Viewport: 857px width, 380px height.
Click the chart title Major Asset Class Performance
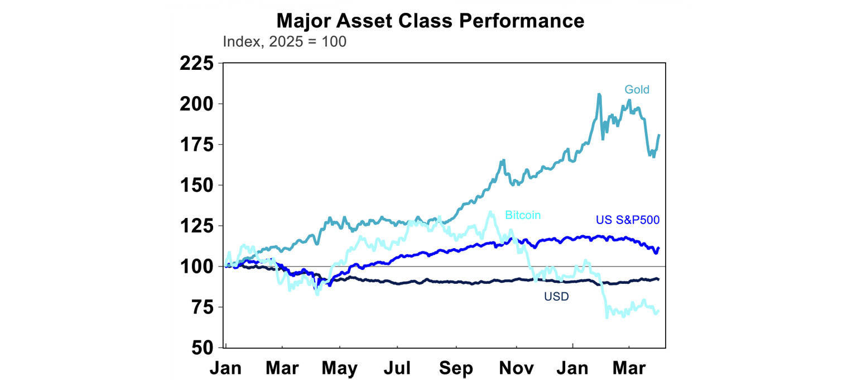click(x=430, y=21)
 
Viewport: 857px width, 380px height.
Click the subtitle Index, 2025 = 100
click(x=284, y=42)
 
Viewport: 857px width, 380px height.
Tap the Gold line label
click(x=637, y=89)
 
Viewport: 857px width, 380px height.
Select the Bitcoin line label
click(x=523, y=215)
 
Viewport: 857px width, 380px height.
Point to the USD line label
click(x=556, y=297)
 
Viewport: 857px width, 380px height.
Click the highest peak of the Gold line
click(x=599, y=94)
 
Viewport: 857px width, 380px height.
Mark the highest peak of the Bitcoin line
click(x=490, y=212)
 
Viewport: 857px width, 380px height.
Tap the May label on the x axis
click(x=339, y=369)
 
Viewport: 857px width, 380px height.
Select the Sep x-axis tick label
click(x=456, y=369)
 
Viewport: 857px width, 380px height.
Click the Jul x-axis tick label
click(x=397, y=369)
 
